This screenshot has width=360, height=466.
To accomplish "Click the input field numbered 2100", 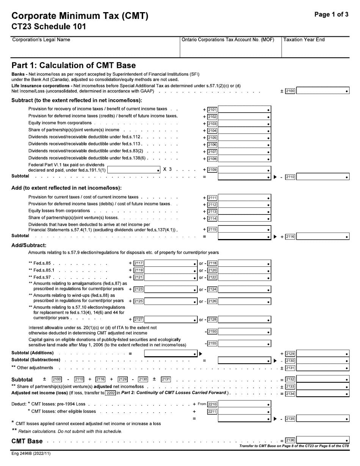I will (322, 91).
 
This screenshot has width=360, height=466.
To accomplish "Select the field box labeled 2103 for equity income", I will (244, 124).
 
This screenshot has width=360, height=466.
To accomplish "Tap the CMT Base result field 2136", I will (322, 440).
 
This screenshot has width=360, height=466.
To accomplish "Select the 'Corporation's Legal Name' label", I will (41, 40).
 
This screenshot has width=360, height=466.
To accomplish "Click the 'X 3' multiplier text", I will (167, 169).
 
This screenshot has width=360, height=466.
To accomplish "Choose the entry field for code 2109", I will (244, 170).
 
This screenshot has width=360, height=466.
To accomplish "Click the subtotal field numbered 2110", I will (322, 177).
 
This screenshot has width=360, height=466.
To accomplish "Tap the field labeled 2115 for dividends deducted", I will (244, 230).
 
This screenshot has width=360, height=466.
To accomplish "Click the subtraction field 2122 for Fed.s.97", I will (244, 278).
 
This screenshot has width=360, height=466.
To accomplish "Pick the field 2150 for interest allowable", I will (244, 332).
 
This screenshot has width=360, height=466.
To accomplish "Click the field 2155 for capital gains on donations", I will (244, 344).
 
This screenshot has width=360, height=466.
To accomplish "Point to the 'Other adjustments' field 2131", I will (322, 368).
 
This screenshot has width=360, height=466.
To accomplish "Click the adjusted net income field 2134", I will (322, 394).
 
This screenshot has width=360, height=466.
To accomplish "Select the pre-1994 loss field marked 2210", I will (244, 404).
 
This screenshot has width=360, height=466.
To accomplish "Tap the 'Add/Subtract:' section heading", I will (29, 245).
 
